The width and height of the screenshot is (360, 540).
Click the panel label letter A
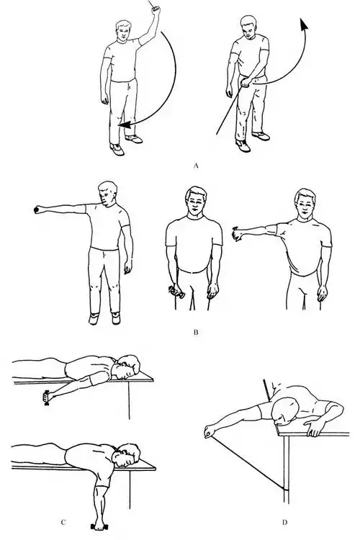click(197, 166)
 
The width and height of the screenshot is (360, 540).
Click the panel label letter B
click(196, 333)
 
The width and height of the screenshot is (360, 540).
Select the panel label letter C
click(63, 522)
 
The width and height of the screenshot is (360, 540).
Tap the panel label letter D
click(284, 522)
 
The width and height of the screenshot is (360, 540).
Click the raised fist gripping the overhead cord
click(156, 9)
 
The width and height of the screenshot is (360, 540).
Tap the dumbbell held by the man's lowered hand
click(176, 292)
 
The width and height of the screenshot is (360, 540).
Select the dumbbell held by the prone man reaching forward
click(46, 397)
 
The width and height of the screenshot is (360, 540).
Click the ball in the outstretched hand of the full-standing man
click(35, 210)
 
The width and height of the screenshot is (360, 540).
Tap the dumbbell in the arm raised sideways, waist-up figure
click(237, 234)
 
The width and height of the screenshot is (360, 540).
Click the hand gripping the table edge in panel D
click(313, 428)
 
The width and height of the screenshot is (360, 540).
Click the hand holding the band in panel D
click(208, 432)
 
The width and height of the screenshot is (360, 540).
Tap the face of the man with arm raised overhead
click(124, 32)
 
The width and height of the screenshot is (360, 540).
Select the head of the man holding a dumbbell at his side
click(196, 201)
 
